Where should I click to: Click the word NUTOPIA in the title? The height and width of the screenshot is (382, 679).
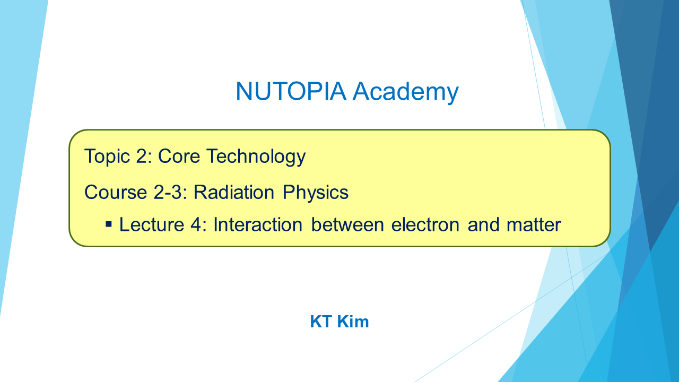coord(291,91)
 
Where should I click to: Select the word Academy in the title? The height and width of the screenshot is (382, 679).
coord(406,92)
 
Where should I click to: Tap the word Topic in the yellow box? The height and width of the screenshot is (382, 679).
coord(107,157)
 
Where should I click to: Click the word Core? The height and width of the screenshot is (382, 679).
coord(179,156)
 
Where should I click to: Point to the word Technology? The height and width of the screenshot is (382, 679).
coord(256,157)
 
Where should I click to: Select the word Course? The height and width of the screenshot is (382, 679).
coord(116,192)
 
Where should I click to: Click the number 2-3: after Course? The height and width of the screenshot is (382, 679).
coord(170,192)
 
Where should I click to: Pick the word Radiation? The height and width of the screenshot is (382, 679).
coord(234,192)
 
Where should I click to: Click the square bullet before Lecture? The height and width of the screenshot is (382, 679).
coord(109,224)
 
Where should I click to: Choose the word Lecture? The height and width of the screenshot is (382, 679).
coord(152,224)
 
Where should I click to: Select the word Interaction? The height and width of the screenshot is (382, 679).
coord(258,224)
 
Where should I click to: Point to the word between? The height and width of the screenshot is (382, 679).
coord(347,224)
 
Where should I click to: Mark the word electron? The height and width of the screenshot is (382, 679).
coord(425,224)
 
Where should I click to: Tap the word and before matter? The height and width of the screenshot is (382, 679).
coord(483,224)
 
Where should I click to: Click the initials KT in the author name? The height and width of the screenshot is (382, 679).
coord(321,322)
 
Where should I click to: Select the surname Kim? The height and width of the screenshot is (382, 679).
coord(353,322)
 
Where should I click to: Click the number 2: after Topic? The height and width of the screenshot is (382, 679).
coord(144,156)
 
